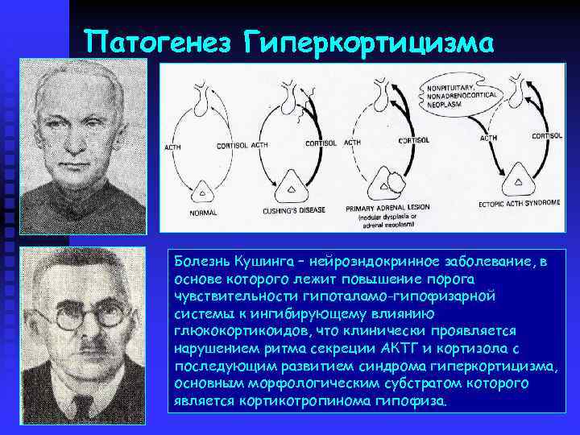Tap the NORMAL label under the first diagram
(x=202, y=214)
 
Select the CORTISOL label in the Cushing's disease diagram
(x=323, y=143)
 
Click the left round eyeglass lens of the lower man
(x=68, y=317)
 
